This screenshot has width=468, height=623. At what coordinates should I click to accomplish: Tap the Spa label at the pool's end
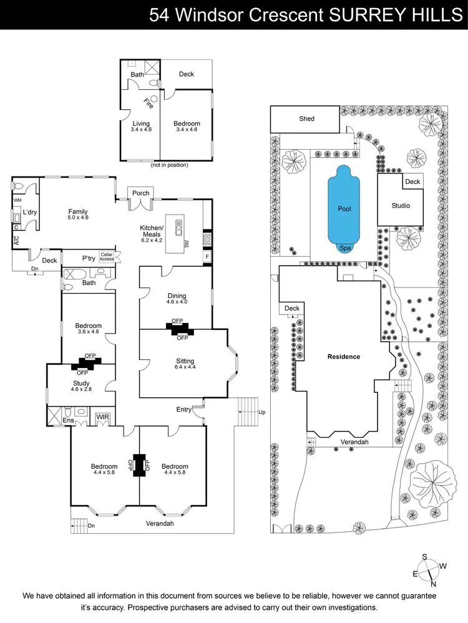[344, 248]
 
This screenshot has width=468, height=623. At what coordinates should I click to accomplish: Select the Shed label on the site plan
[307, 118]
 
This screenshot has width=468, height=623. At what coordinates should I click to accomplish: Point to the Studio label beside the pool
[401, 205]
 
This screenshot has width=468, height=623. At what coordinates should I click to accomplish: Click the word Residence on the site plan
[344, 357]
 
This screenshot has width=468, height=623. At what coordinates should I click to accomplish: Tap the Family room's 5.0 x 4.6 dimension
[78, 218]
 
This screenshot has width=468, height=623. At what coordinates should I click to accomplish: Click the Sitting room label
[185, 361]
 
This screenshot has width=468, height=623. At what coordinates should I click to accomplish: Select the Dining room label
[177, 296]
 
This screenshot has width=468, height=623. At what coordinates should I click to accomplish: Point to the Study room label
[81, 384]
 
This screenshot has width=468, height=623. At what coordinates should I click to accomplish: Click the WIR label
[101, 417]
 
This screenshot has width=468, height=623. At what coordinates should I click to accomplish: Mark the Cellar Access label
[107, 258]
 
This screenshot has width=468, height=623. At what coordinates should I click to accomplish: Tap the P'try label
[90, 258]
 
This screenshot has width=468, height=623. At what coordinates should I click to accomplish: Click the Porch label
[141, 193]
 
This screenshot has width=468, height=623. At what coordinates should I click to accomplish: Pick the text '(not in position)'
[169, 165]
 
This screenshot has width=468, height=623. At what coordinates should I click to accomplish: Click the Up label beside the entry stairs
[261, 412]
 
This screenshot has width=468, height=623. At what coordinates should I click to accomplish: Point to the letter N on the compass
[433, 584]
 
